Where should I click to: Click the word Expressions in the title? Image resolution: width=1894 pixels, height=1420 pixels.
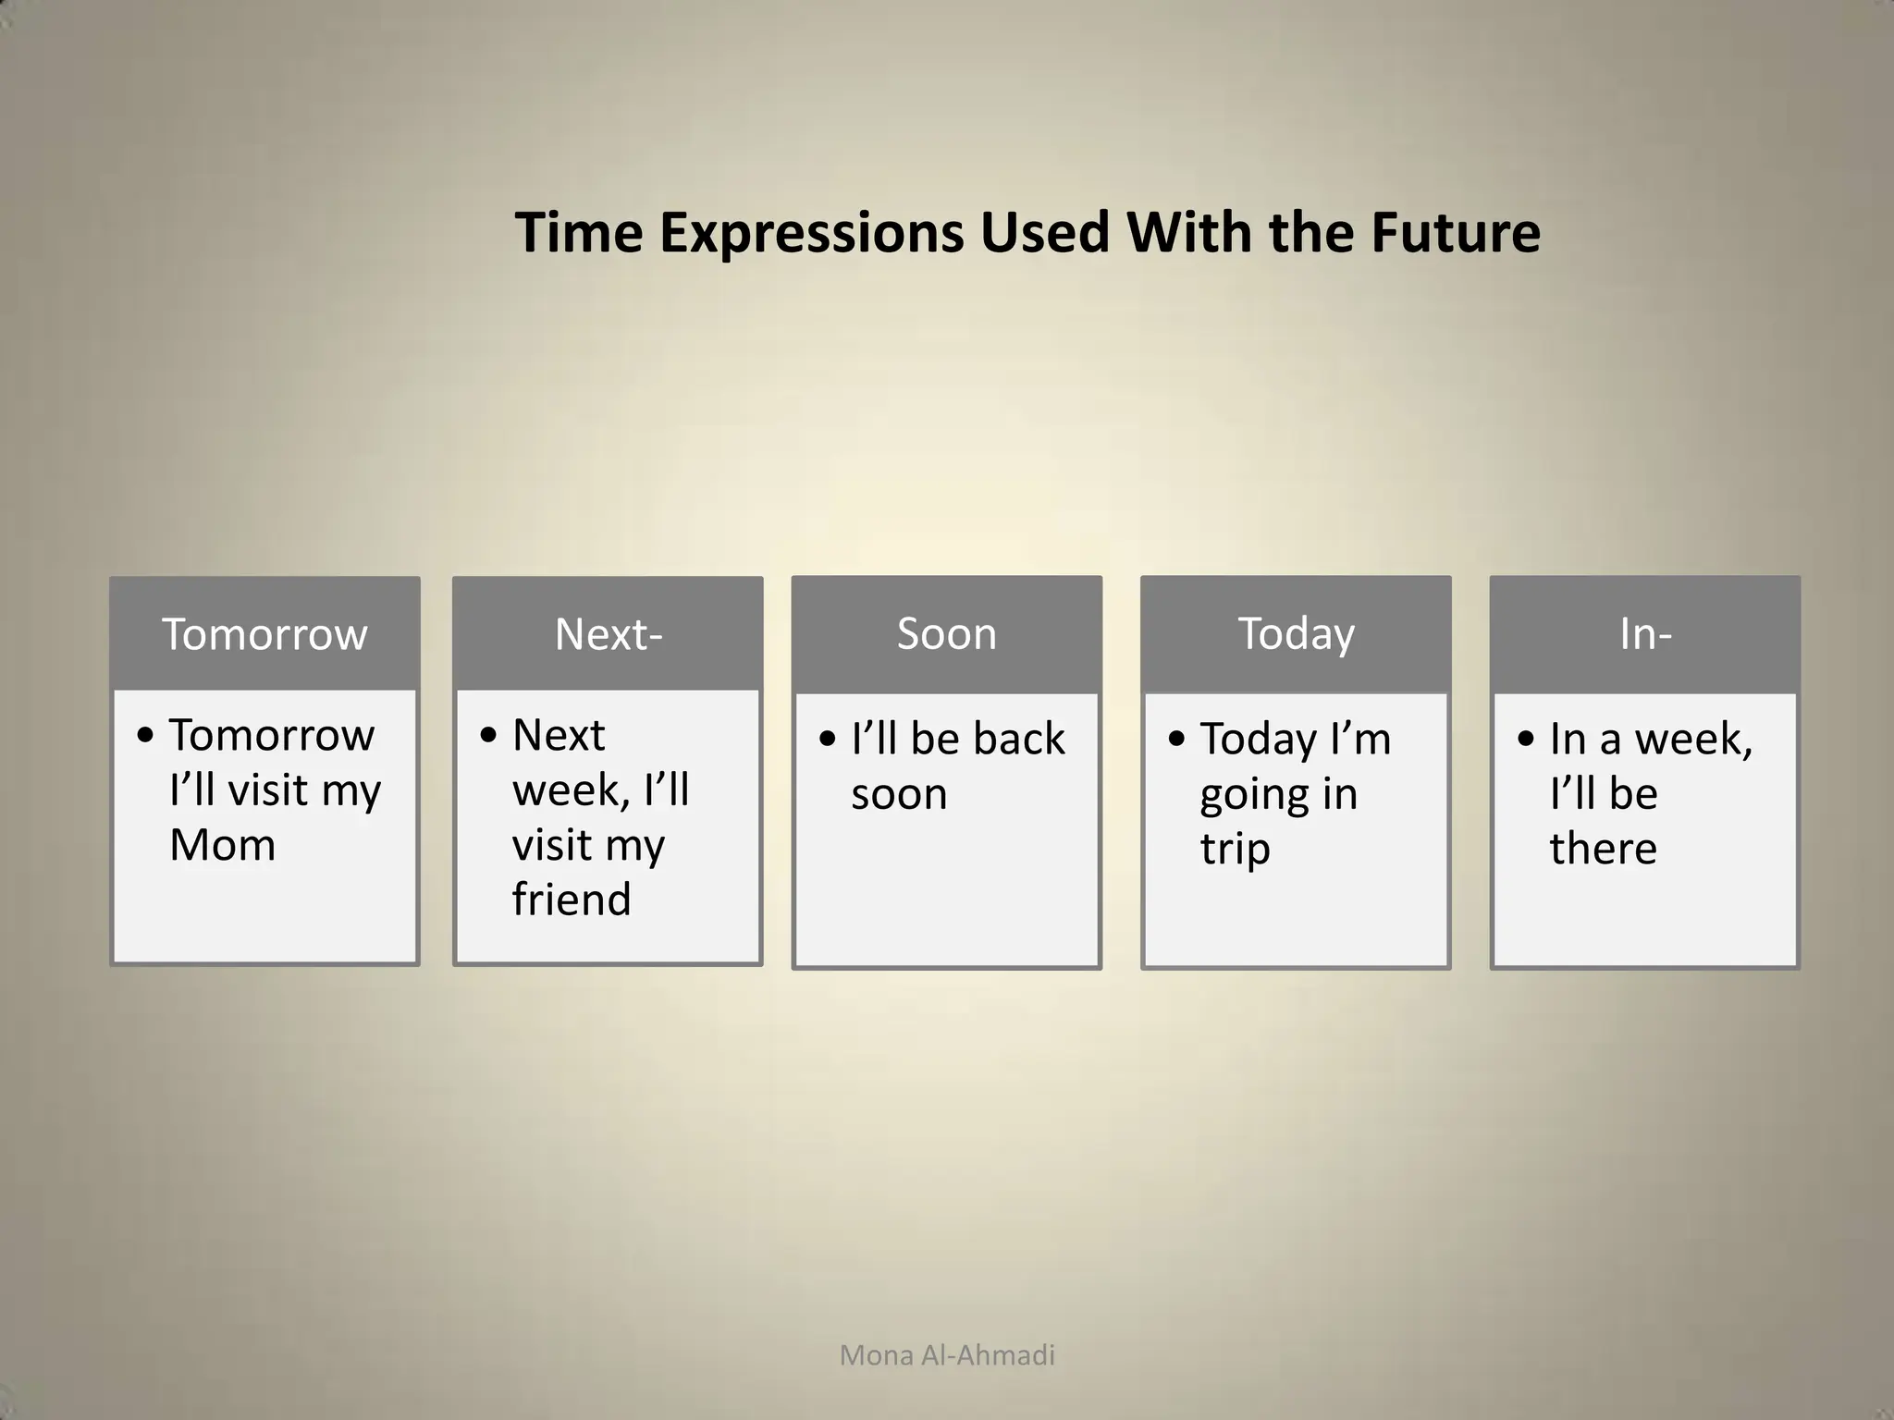click(x=812, y=233)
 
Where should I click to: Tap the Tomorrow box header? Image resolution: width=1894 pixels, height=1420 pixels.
click(x=264, y=634)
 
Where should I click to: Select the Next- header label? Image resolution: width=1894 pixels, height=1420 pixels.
click(x=609, y=634)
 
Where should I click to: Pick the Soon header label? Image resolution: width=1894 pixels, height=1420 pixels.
click(x=947, y=634)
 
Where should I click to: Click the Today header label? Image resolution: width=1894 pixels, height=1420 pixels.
click(x=1296, y=634)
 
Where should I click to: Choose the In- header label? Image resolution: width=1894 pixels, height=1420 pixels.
click(x=1645, y=634)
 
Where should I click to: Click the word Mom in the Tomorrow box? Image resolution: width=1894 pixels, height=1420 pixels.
click(x=223, y=844)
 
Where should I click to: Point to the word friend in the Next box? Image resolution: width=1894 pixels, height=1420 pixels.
click(x=572, y=899)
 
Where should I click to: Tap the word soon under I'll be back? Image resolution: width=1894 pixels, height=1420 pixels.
click(x=899, y=794)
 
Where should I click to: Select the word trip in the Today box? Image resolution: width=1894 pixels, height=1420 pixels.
click(x=1235, y=849)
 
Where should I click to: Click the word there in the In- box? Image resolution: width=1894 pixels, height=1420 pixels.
click(x=1603, y=848)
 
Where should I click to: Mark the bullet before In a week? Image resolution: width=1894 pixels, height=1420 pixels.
click(x=1526, y=739)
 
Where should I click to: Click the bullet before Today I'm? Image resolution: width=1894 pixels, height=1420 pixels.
click(x=1176, y=739)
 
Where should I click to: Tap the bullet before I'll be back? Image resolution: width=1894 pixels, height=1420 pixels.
click(x=828, y=739)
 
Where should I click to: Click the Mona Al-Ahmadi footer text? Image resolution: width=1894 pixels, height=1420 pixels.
click(x=947, y=1355)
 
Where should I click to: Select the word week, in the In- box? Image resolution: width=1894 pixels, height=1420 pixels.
click(x=1692, y=739)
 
